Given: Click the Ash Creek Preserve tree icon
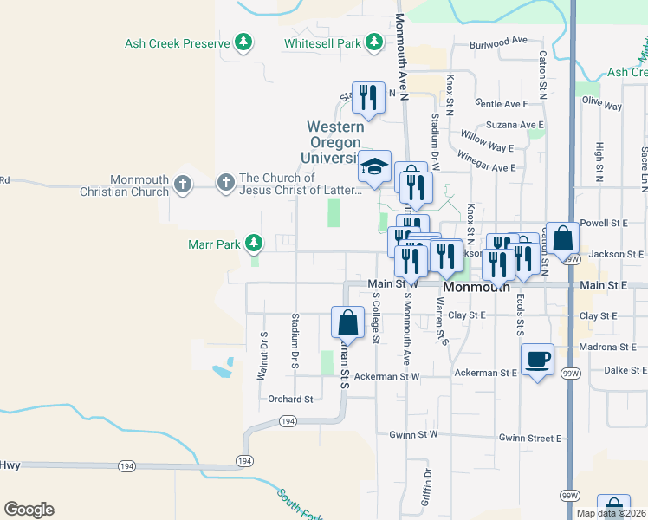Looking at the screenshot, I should tap(244, 42).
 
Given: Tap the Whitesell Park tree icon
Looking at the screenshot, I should tap(373, 42).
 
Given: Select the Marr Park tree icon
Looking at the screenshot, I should tap(254, 244).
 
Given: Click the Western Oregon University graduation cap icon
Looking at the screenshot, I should tap(375, 166).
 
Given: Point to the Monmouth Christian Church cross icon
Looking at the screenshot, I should tap(181, 184).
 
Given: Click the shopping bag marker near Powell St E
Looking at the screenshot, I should tap(562, 237).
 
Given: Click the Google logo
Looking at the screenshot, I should tap(29, 510).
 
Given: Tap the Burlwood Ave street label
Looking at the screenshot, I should tap(498, 41).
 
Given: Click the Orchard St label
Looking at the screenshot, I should tap(290, 400).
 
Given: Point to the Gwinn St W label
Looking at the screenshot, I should tap(414, 434).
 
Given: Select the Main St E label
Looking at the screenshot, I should tap(604, 284).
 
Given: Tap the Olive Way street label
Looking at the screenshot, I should tap(602, 104).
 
